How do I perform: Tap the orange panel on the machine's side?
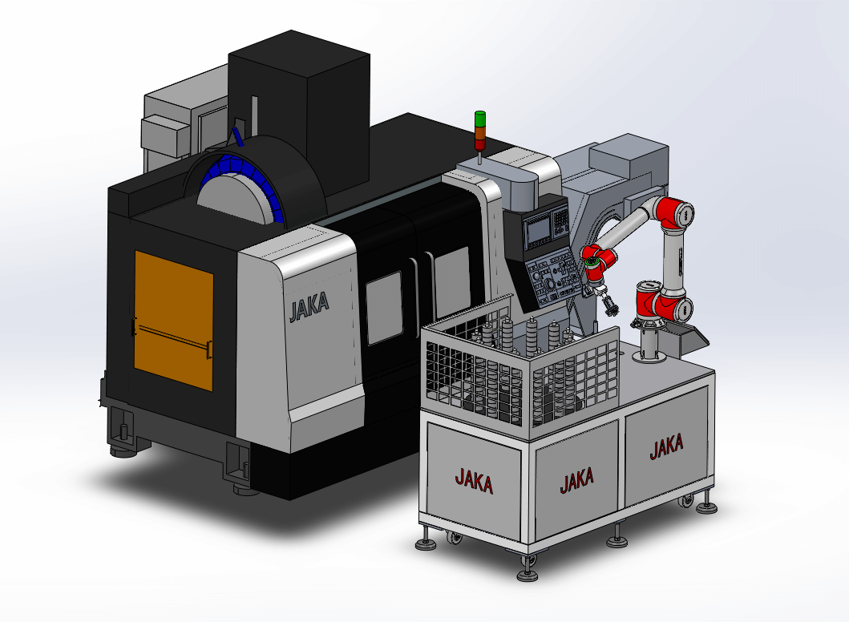coord(174,321)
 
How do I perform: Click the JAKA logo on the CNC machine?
coord(309,307)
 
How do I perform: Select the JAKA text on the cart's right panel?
coord(666,446)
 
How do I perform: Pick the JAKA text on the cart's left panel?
coord(474,481)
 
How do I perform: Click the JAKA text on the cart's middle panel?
coord(576,480)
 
